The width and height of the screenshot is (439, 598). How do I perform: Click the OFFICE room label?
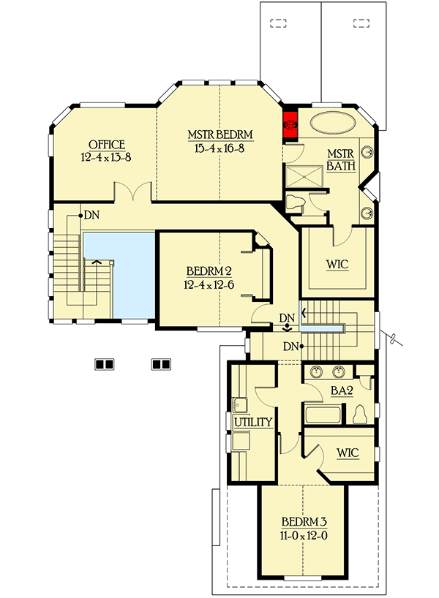pos(107,144)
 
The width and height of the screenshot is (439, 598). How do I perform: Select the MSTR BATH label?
pos(341,159)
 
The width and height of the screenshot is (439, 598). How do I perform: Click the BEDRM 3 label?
pos(304,523)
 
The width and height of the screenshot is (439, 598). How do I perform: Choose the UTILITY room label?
pos(253,422)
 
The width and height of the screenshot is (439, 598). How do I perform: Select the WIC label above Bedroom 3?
pos(348,453)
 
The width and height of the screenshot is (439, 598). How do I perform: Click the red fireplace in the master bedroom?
pos(290,124)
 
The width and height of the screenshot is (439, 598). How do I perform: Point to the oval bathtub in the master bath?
pos(332,122)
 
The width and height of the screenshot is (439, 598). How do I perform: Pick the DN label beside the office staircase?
pos(91,215)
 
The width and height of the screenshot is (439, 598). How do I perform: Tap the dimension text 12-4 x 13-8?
pos(107,156)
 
